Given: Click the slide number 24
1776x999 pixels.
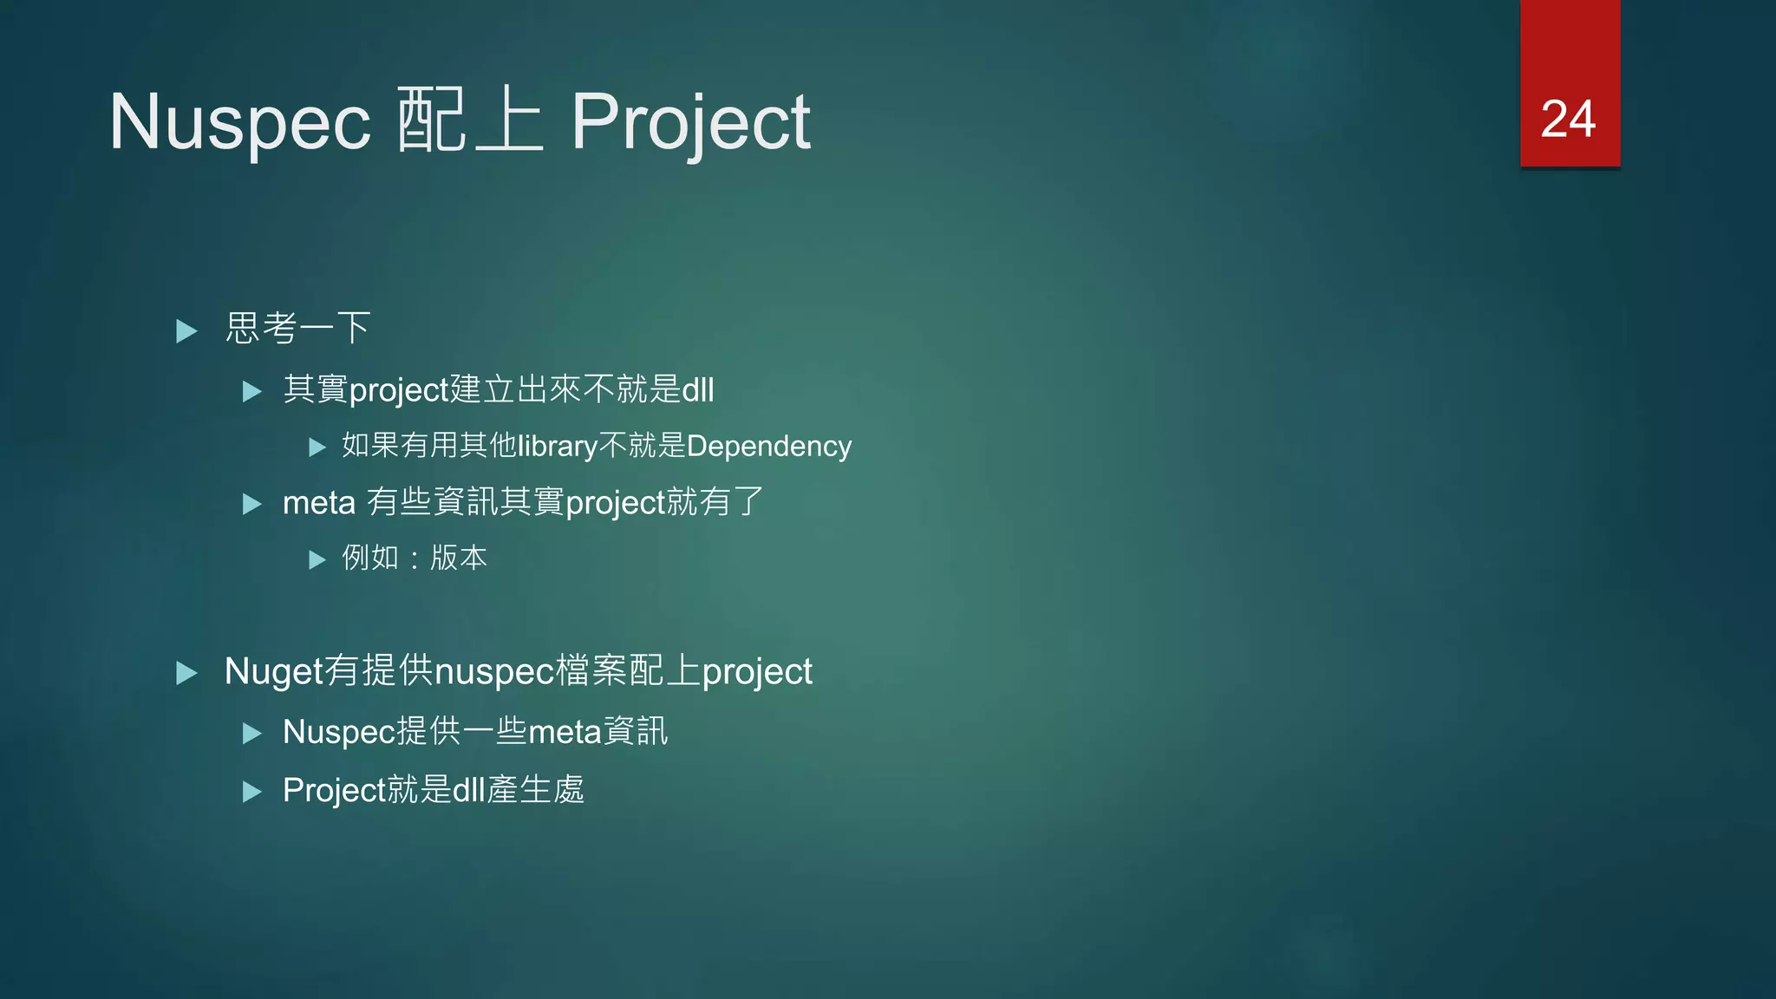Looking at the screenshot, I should [x=1568, y=119].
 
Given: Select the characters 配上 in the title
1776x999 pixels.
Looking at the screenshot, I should [x=469, y=121].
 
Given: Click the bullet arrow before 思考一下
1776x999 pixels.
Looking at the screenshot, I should [x=186, y=330].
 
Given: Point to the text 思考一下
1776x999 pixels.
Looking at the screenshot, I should [x=297, y=329].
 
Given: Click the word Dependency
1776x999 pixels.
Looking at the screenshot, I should [x=768, y=446].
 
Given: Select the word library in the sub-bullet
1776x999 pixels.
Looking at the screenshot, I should [x=557, y=446].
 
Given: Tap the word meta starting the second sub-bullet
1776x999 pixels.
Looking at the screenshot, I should [x=318, y=503].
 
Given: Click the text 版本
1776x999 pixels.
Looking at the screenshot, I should [x=459, y=558].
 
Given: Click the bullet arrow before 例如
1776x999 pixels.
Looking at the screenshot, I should [x=317, y=559].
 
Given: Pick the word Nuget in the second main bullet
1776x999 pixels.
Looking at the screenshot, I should [x=273, y=671].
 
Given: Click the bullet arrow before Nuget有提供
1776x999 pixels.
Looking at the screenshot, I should [x=186, y=673].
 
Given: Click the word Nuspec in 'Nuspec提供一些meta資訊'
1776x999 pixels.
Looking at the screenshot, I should [x=338, y=732].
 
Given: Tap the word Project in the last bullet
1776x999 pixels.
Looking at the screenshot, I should [x=333, y=790].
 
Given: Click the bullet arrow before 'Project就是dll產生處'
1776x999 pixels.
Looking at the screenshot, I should [x=251, y=792].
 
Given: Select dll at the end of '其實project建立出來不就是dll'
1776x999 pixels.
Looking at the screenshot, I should [x=698, y=389].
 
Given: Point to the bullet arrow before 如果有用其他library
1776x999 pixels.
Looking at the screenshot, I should [x=317, y=447].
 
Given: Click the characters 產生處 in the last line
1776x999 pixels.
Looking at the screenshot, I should [x=535, y=790].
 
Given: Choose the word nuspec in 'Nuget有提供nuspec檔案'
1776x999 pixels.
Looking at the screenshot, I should [x=493, y=672].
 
